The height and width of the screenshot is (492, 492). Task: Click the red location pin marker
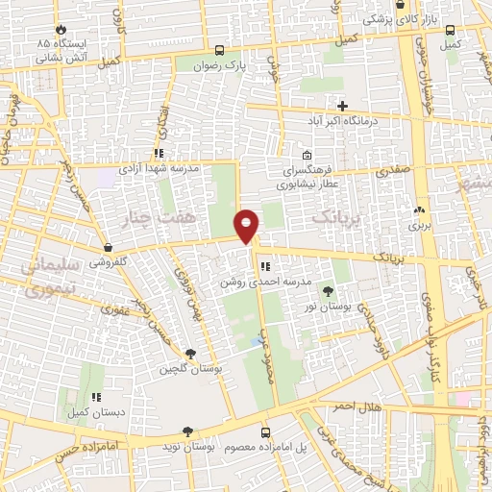click(247, 225)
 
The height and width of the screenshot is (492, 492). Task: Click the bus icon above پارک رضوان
click(221, 51)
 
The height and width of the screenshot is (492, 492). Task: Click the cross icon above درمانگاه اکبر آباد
click(342, 106)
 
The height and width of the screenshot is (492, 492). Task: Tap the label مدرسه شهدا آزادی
click(159, 168)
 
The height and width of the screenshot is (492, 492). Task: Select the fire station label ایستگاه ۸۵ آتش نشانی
click(61, 50)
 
